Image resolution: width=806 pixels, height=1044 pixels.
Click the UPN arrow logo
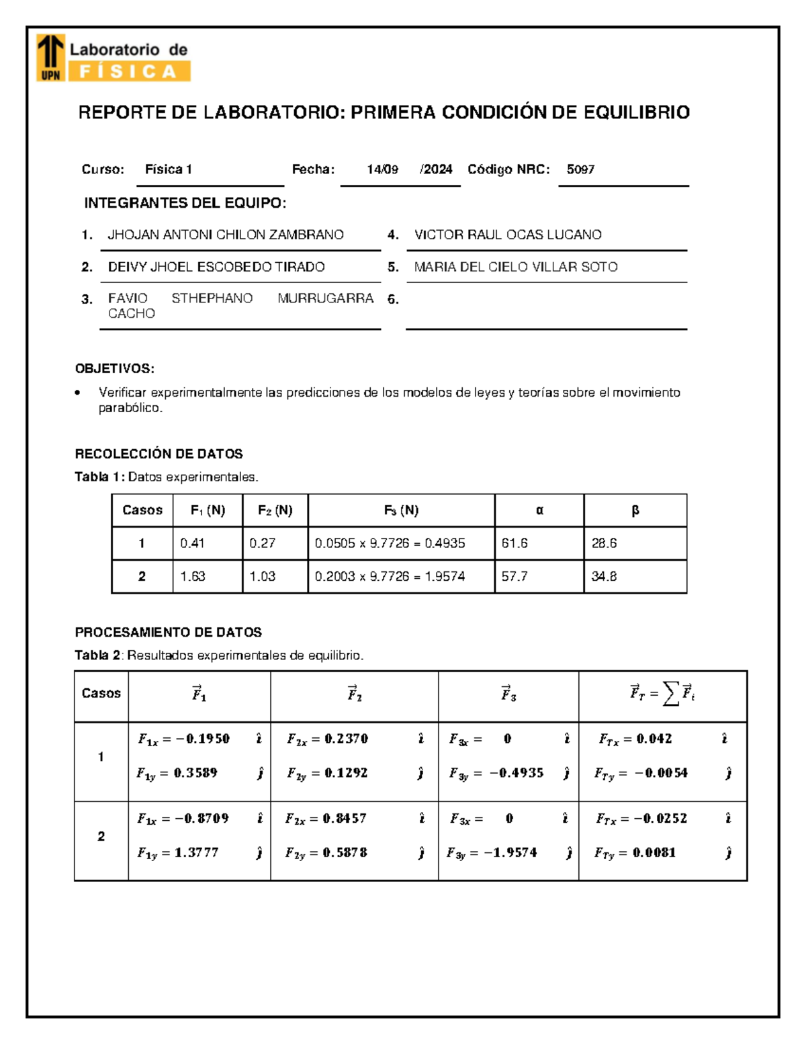tap(50, 58)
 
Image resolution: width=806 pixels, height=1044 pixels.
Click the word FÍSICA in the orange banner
tap(128, 71)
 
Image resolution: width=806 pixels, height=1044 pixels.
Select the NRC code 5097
tap(580, 169)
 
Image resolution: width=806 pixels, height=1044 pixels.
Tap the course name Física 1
tap(169, 169)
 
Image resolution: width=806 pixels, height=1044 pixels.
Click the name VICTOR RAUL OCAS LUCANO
tap(508, 235)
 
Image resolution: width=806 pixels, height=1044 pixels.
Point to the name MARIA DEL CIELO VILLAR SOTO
tap(515, 267)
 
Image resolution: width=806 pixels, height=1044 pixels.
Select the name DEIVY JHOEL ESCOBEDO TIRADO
tap(216, 267)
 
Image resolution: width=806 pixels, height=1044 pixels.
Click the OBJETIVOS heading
tap(114, 368)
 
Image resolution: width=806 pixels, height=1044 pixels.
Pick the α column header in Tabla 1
tap(539, 510)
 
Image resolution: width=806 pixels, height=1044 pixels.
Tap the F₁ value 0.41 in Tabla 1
tap(192, 543)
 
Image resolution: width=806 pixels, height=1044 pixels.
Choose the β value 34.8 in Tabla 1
tap(604, 576)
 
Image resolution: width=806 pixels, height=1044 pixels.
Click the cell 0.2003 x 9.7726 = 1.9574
tap(390, 576)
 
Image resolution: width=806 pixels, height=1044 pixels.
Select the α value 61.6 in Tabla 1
tap(514, 543)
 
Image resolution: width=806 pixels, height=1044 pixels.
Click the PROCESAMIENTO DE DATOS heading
tap(168, 632)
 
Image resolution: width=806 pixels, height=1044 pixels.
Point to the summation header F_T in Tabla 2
tap(662, 694)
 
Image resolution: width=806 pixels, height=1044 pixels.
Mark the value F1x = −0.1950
tap(183, 739)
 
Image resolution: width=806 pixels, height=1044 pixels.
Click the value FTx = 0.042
tap(635, 739)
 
